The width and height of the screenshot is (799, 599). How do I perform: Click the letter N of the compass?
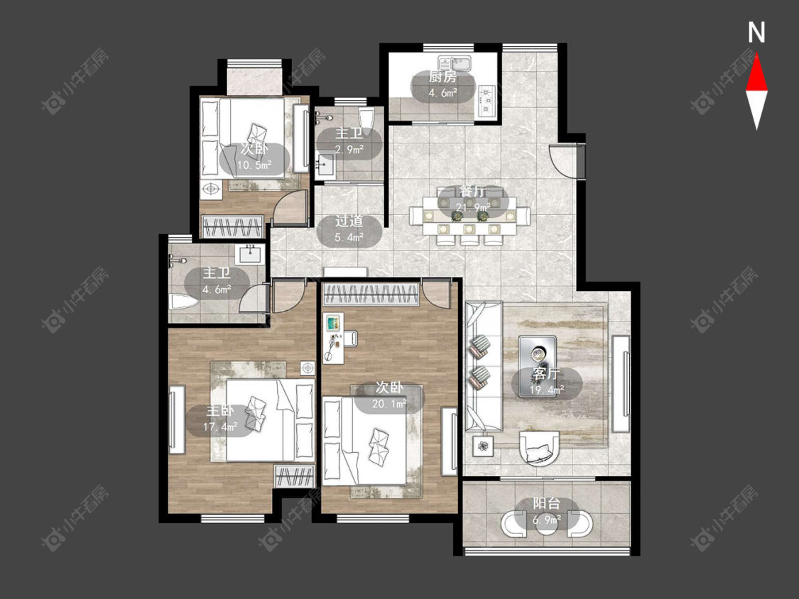click(756, 33)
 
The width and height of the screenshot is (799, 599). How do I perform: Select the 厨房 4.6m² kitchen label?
click(442, 84)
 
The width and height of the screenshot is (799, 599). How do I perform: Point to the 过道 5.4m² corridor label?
click(349, 229)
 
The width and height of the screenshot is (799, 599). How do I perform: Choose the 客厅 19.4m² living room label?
click(546, 382)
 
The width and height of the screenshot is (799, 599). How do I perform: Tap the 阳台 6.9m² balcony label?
click(546, 512)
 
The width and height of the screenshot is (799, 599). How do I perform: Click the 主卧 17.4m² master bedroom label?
click(220, 418)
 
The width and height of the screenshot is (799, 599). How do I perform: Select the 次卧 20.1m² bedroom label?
click(389, 396)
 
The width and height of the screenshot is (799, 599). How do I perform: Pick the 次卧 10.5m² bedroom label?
click(254, 157)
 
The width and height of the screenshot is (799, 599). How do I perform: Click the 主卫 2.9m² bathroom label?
click(349, 141)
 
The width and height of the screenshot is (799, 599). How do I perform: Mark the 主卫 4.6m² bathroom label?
click(217, 280)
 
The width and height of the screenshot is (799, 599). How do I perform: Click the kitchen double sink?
click(455, 64)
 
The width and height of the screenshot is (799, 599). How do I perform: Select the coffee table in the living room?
click(538, 366)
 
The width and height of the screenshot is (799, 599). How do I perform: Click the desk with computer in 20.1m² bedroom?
click(333, 339)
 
